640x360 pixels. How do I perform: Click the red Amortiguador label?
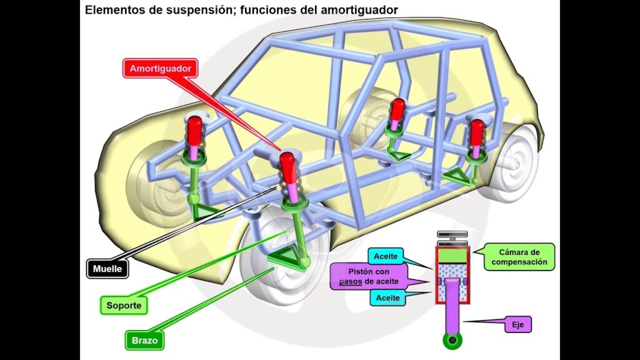(x=160, y=68)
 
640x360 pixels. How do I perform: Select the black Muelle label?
(x=107, y=269)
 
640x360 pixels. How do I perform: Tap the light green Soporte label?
(x=124, y=306)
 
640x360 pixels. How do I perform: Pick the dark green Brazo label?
(x=144, y=341)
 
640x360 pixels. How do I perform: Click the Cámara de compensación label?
(x=519, y=257)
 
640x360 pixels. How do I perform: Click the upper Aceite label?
(x=387, y=256)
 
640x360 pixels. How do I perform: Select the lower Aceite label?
(x=387, y=298)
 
